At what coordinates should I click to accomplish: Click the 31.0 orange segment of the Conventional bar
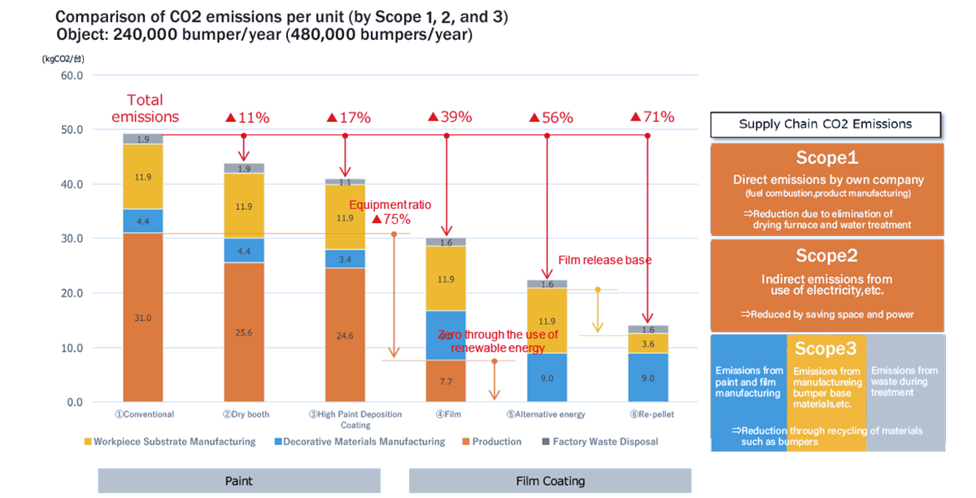[x=143, y=317]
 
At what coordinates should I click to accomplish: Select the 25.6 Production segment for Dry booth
[x=244, y=332]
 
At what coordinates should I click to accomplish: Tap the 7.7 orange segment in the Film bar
[x=446, y=381]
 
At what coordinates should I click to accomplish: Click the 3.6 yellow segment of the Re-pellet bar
[x=647, y=343]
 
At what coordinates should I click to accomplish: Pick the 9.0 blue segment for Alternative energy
[x=547, y=378]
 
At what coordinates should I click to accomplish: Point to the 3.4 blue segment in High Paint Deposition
[x=345, y=259]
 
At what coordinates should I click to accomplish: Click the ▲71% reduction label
[x=652, y=116]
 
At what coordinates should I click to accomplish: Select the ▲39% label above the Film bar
[x=450, y=116]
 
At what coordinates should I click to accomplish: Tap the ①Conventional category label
[x=144, y=414]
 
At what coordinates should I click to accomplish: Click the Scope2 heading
[x=826, y=256]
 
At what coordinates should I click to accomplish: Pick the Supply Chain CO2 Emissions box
[x=825, y=124]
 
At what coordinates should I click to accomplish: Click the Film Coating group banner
[x=550, y=481]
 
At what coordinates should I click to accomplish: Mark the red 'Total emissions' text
[x=144, y=108]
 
